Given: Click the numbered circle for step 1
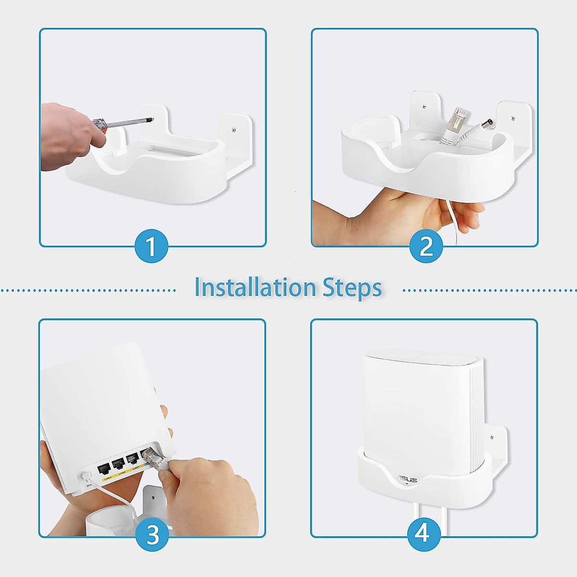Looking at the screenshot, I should [151, 246].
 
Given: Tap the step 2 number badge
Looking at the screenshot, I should [426, 246].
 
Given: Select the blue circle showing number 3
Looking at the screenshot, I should [152, 535].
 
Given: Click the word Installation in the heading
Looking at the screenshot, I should [255, 288].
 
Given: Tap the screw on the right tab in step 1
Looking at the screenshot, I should [234, 129].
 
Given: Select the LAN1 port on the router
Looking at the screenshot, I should [133, 459].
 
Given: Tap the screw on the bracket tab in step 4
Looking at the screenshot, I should [491, 438].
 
